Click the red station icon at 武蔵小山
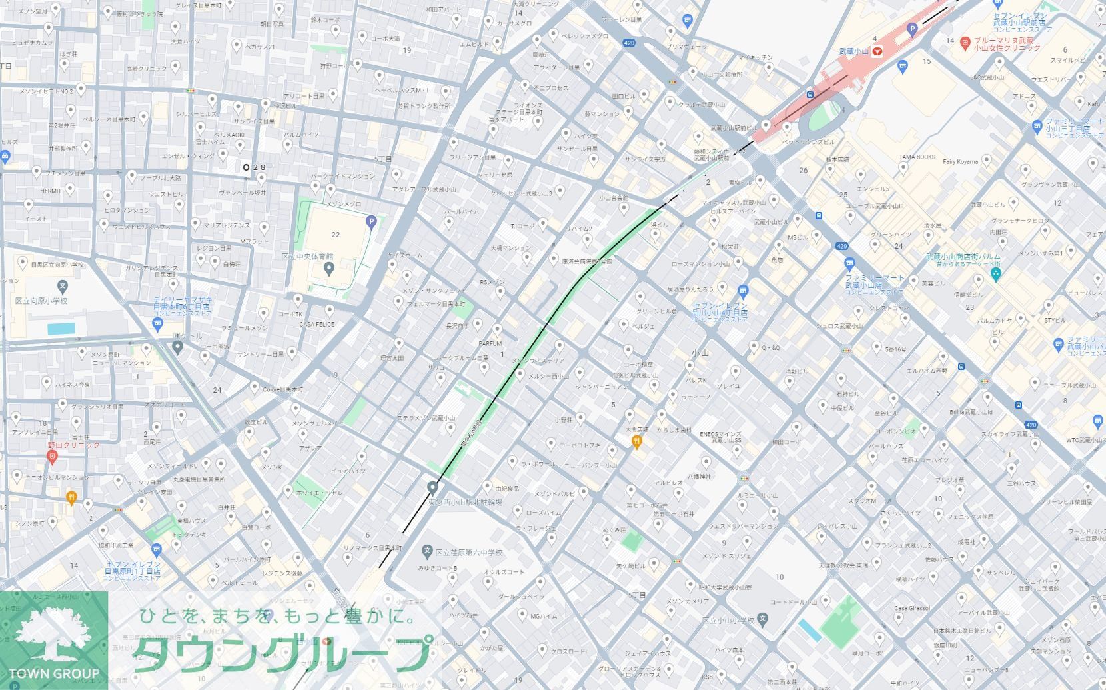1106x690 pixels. point(879,51)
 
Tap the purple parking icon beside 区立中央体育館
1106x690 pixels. point(371,222)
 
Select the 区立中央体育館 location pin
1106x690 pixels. point(328,269)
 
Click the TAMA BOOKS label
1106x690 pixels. point(917,157)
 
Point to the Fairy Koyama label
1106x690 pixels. point(960,161)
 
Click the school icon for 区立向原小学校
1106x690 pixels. point(63,287)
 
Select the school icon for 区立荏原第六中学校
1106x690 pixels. point(427,551)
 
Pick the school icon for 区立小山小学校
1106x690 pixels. point(763,619)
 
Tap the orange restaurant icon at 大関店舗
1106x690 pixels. point(637,441)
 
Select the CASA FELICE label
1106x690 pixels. point(316,325)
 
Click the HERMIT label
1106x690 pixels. point(51,191)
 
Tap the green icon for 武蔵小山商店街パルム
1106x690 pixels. point(996,274)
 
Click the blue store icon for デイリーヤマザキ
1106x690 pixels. point(158,325)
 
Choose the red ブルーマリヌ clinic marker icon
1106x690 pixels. point(965,44)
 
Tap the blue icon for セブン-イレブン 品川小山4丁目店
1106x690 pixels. point(744,291)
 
